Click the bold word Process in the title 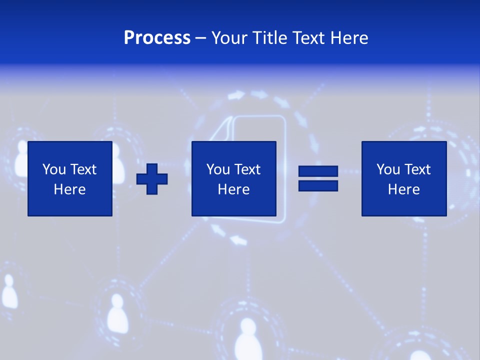[x=157, y=38]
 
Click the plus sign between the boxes [x=152, y=179]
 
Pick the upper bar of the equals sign [x=318, y=171]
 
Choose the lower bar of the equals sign [x=318, y=185]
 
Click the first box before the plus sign [x=70, y=178]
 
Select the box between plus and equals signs [x=233, y=178]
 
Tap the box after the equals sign [x=403, y=178]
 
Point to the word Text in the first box [x=83, y=169]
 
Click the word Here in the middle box [x=233, y=189]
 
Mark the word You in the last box [x=388, y=169]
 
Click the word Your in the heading [x=229, y=38]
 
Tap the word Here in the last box [x=403, y=189]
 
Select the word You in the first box [x=54, y=169]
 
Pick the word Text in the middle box [x=247, y=169]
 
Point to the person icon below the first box [x=116, y=312]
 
